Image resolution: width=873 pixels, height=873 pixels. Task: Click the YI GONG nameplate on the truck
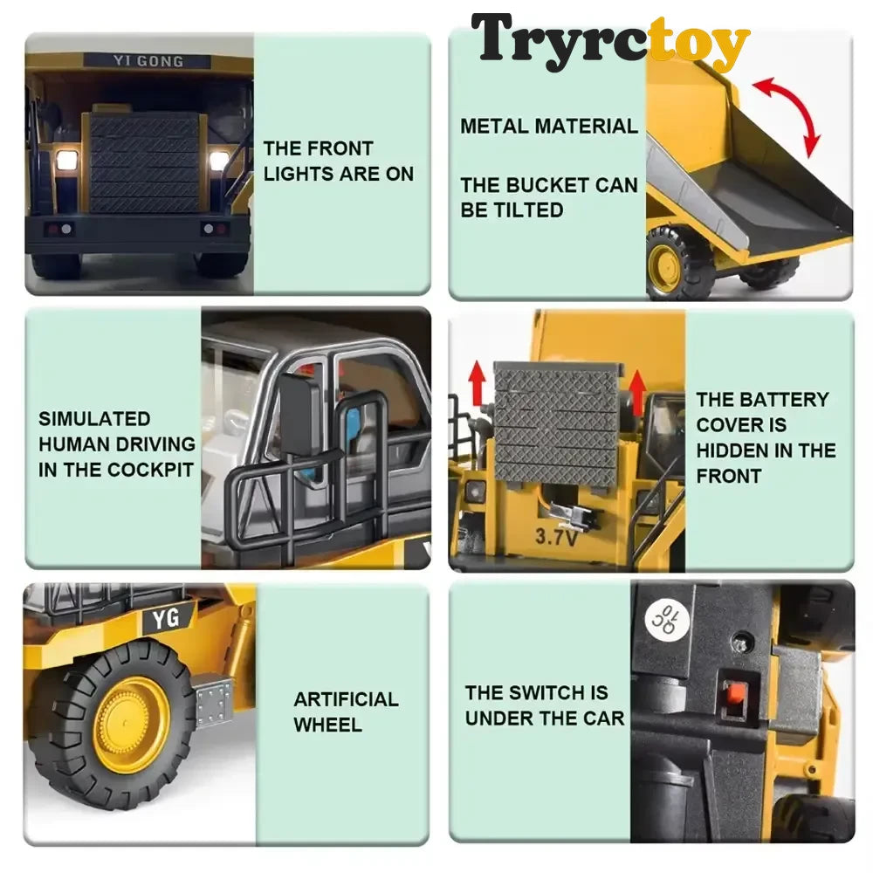(x=148, y=61)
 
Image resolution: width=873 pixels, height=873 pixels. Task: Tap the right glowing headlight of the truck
(x=217, y=161)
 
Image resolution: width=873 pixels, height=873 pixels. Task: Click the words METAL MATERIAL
(x=549, y=127)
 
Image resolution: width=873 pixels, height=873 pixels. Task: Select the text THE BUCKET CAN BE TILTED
(x=549, y=197)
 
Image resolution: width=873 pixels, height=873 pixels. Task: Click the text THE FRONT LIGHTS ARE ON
(x=339, y=161)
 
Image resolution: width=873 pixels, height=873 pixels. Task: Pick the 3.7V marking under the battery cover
(x=555, y=536)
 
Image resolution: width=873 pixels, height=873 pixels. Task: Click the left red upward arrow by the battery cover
(x=478, y=382)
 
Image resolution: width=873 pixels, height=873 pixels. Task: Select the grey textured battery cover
(x=557, y=423)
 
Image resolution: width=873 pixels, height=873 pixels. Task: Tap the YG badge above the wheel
(x=167, y=618)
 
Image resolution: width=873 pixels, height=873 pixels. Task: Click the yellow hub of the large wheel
(x=132, y=724)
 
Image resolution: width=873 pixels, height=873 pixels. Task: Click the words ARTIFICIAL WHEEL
(x=346, y=712)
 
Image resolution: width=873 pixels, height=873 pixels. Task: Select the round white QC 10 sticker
(x=667, y=619)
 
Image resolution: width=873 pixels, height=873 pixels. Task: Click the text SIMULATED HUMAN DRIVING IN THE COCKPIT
(x=117, y=444)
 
